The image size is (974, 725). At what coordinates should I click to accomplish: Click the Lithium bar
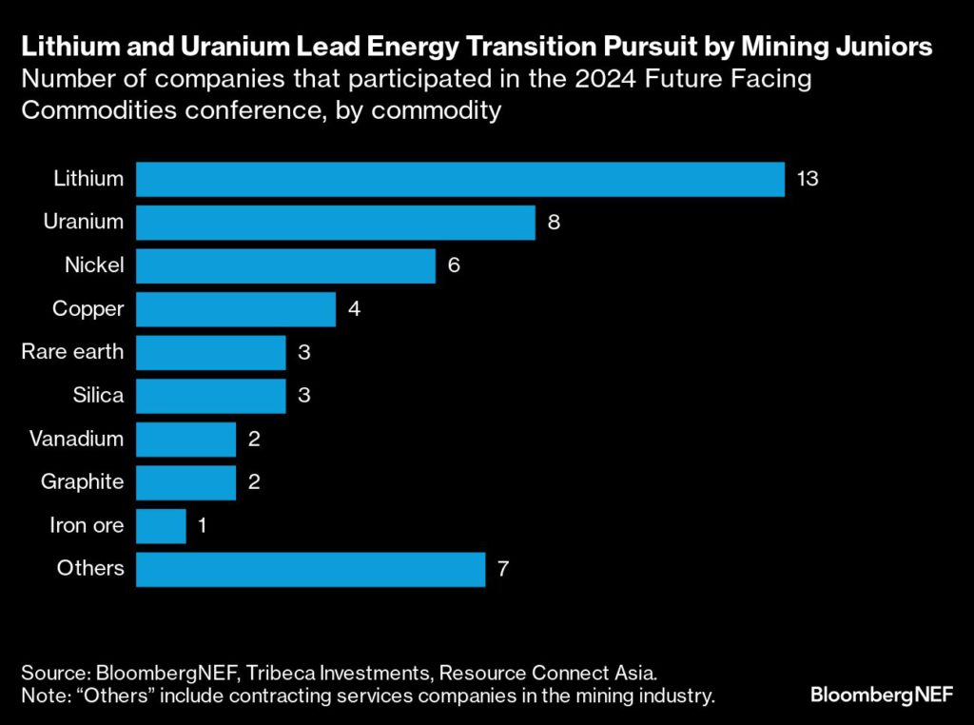tap(460, 179)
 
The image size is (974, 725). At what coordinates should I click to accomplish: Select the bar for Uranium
tap(336, 222)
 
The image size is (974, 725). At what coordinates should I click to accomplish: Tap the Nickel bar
tap(285, 265)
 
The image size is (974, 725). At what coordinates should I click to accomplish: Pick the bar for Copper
tap(236, 309)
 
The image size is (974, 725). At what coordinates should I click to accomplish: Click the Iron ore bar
tap(161, 525)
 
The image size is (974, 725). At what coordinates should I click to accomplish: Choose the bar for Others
tap(311, 569)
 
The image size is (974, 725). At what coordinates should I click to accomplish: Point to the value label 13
tap(808, 179)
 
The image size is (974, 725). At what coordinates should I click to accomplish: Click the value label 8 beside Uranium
tap(554, 222)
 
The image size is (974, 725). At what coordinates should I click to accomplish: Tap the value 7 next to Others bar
tap(504, 569)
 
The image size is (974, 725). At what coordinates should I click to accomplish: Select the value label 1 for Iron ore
tap(203, 525)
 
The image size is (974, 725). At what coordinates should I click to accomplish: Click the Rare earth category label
tap(72, 352)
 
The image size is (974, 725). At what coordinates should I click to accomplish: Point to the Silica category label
tap(98, 395)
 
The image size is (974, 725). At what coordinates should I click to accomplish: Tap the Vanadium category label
tap(83, 439)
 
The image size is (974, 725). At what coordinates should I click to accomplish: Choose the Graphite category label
tap(82, 481)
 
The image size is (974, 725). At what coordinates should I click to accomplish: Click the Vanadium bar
tap(185, 439)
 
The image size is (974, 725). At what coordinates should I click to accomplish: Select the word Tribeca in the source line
tap(281, 673)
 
